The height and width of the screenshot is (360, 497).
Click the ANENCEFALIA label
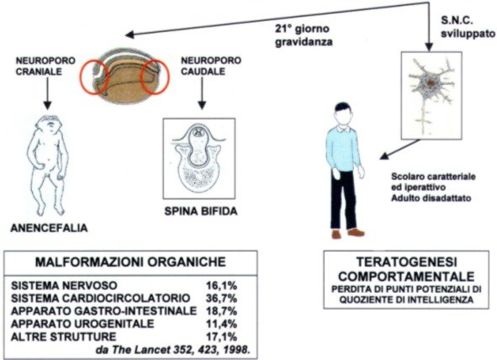49,228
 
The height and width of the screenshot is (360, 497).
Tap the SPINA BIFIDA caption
201,211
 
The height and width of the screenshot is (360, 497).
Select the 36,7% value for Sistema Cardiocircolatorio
221,299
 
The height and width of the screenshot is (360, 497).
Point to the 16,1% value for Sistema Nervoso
221,285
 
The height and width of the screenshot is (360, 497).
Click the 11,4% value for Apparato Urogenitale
221,324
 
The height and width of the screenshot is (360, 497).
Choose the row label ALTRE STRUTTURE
63,336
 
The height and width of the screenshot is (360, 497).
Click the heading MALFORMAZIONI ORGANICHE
130,262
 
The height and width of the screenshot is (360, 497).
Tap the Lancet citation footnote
172,350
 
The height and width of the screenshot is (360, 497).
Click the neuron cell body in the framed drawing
430,84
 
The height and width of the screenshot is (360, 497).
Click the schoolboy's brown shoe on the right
356,232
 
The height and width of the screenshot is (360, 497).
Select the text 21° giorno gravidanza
304,35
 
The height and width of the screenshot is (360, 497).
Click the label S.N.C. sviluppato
468,27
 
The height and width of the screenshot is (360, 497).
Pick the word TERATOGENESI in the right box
407,262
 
